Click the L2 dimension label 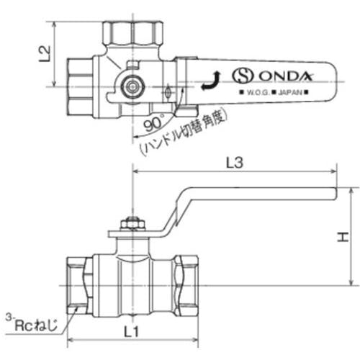pos(45,54)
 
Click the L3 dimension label pos(235,163)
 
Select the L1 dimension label pos(131,332)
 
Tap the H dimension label pos(343,237)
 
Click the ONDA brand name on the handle pos(286,76)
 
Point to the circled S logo pos(243,76)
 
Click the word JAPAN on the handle pos(290,92)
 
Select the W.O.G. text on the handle pos(258,92)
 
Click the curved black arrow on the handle pos(210,81)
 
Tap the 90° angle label pos(154,123)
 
